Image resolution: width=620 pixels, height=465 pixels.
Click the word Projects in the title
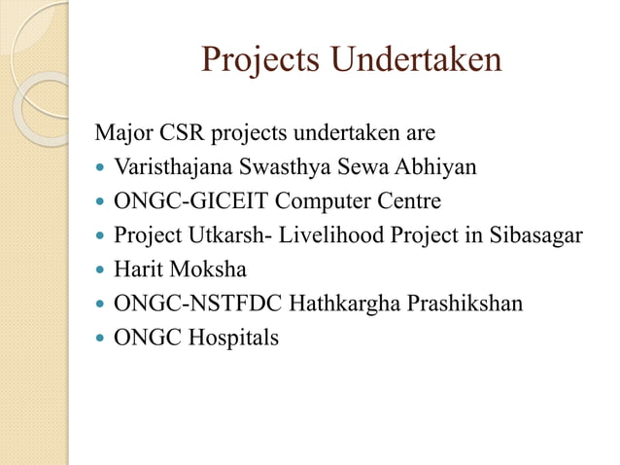(260, 60)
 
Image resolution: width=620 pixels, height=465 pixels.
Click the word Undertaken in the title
(416, 60)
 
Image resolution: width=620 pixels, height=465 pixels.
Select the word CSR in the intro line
(186, 132)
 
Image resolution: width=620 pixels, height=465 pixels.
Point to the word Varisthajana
(170, 166)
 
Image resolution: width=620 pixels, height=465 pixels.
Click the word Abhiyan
(435, 166)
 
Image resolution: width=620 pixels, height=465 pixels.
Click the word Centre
(409, 200)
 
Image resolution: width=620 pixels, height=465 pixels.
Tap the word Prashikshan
(463, 304)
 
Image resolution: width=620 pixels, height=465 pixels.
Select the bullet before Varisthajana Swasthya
(101, 168)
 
